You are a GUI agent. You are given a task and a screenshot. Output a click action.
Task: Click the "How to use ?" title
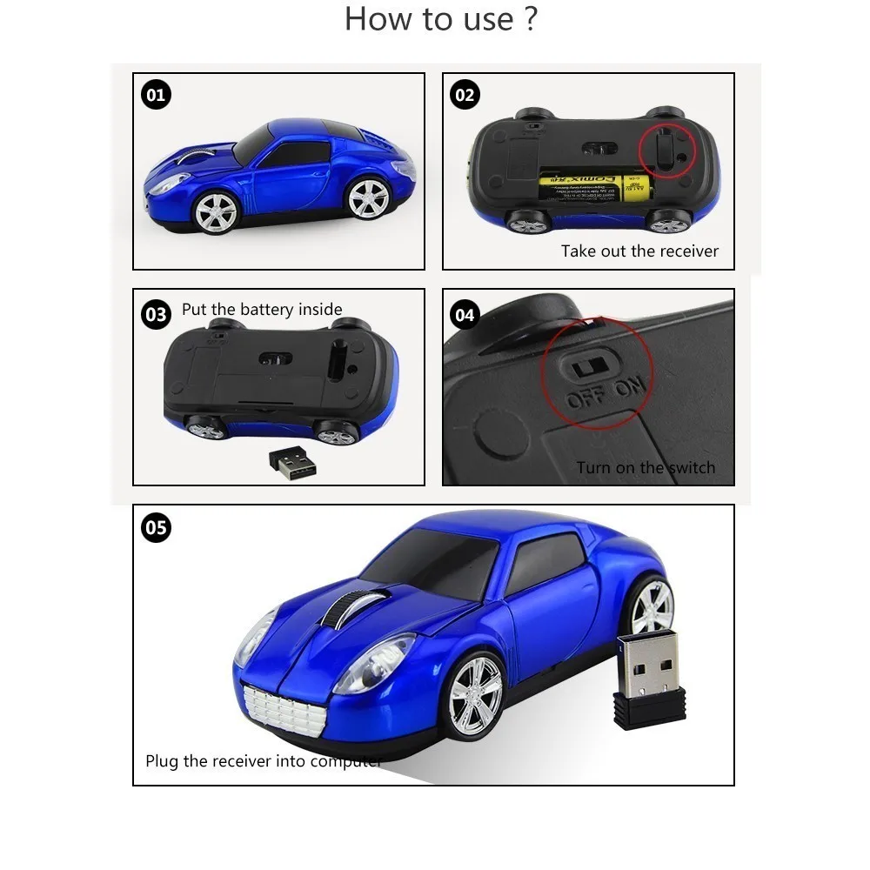point(441,19)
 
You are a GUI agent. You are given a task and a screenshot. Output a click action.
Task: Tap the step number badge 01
point(156,95)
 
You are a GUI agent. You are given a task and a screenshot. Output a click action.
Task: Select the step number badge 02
point(465,95)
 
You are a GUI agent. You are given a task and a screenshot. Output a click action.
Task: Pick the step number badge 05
point(156,528)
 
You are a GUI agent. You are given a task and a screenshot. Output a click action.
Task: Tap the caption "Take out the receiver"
point(639,251)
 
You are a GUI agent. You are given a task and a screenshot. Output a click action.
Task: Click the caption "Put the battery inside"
point(262,310)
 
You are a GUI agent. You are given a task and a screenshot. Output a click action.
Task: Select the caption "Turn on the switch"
point(646,468)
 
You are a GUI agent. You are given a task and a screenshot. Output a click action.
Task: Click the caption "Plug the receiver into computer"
point(264,761)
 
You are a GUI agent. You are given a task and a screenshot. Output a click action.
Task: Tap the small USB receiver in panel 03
point(291,462)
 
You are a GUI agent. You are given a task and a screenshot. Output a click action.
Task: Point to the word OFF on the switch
point(585,399)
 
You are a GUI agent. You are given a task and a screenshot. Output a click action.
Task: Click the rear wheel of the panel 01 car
point(368,198)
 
